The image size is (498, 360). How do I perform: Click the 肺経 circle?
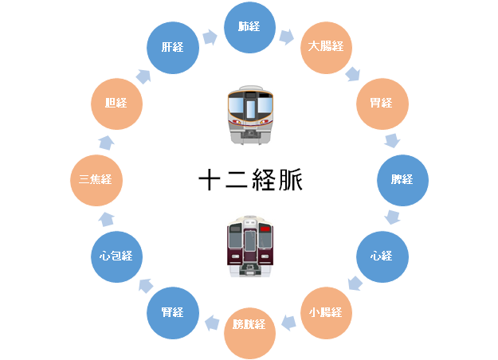pyautogui.click(x=249, y=26)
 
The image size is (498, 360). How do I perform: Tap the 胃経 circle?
pyautogui.click(x=380, y=102)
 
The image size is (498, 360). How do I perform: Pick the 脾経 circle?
pyautogui.click(x=402, y=180)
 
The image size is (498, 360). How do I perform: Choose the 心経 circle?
pyautogui.click(x=380, y=256)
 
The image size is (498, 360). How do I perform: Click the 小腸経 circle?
pyautogui.click(x=325, y=311)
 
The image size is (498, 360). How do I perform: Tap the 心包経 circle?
pyautogui.click(x=116, y=256)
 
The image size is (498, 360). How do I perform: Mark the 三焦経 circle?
pyautogui.click(x=96, y=180)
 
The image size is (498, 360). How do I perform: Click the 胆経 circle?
pyautogui.click(x=116, y=102)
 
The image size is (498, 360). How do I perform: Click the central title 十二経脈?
pyautogui.click(x=249, y=180)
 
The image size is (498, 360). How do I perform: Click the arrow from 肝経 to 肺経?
pyautogui.click(x=210, y=37)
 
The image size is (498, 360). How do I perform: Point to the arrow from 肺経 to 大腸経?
pyautogui.click(x=288, y=37)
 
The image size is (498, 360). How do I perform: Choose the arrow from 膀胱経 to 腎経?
pyautogui.click(x=212, y=323)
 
